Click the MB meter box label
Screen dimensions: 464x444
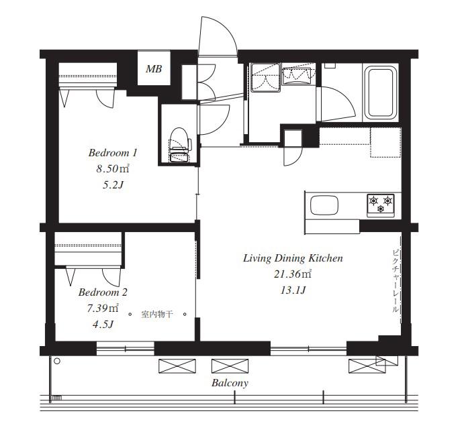coord(154,69)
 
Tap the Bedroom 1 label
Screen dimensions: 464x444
coord(113,153)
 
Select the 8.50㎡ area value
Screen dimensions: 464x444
coord(113,169)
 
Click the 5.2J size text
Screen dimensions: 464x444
coord(113,185)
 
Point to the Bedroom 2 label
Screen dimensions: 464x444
coord(103,292)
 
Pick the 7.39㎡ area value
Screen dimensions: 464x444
coord(103,309)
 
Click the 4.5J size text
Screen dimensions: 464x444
coord(103,325)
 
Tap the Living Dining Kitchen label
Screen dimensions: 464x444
coord(293,258)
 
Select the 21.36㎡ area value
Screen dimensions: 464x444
coord(293,274)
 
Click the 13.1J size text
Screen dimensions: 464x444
coord(293,290)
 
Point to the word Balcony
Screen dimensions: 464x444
coord(230,383)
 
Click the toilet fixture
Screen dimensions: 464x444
coord(180,145)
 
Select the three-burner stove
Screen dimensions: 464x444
coord(381,205)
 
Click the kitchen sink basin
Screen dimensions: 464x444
coord(324,205)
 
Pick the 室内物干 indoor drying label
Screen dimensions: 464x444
coord(157,315)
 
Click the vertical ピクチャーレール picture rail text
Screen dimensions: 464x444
coord(395,282)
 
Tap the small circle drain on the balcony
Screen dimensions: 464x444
coord(57,361)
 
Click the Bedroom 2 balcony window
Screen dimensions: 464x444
coord(126,349)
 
